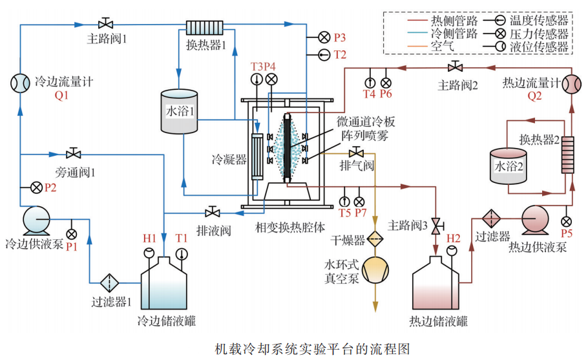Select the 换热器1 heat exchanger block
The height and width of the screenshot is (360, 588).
[204, 27]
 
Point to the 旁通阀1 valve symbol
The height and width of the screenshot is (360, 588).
[73, 154]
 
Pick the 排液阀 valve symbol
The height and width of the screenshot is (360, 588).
[212, 212]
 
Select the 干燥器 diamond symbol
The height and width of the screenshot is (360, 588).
[375, 240]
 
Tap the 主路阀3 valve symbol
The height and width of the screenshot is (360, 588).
[437, 226]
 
